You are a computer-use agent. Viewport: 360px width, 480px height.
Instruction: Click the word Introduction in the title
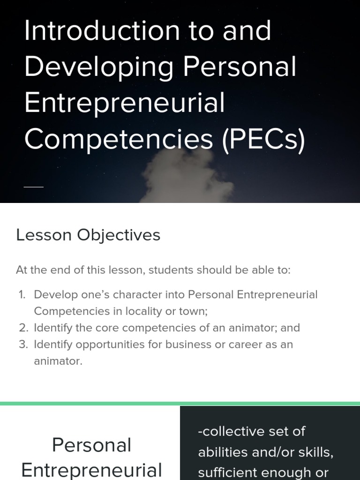101,31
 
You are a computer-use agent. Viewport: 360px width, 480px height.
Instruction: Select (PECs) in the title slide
264,139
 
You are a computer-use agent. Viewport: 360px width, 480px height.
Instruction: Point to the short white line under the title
33,187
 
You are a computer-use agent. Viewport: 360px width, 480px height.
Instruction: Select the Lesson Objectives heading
88,235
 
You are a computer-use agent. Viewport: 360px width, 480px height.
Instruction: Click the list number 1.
22,295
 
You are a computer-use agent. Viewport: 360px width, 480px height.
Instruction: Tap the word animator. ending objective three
58,361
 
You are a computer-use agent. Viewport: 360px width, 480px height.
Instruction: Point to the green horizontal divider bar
180,404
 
